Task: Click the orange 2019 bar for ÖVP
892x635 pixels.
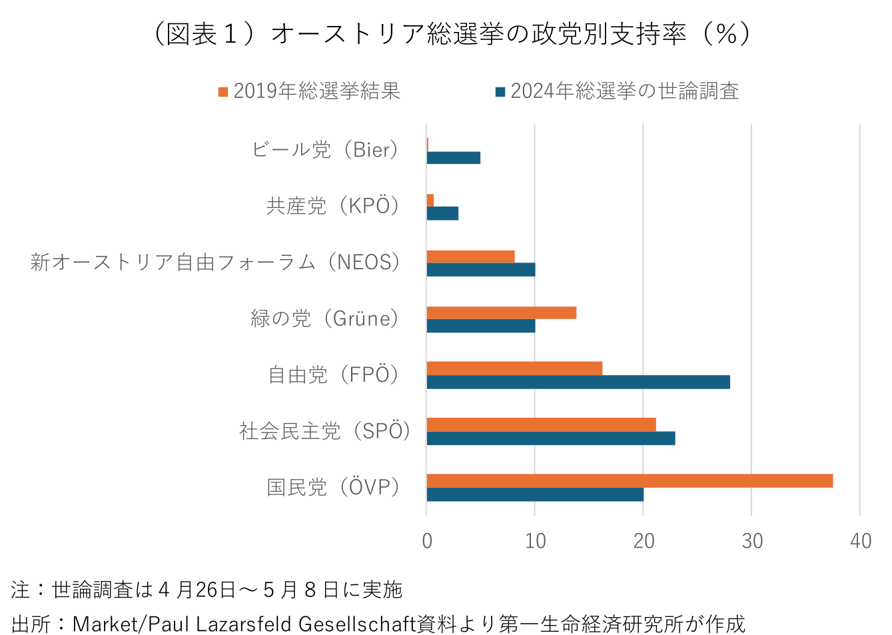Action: point(630,480)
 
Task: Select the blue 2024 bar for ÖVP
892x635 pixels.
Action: point(535,494)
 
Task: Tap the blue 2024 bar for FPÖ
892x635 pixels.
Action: point(578,382)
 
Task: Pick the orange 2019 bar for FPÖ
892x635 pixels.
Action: point(514,368)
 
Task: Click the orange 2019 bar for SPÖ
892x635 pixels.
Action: point(541,424)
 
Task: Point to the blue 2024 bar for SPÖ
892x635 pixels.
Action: point(551,438)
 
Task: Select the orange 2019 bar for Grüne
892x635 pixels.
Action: point(501,313)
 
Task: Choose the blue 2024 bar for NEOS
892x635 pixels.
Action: point(480,269)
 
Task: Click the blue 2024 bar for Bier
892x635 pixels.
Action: point(454,158)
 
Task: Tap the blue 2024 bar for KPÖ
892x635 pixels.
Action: point(442,213)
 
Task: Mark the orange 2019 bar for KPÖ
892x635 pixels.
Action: point(430,200)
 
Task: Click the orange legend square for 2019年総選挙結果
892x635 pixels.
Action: point(223,91)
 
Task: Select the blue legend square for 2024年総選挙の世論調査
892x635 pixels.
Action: point(500,91)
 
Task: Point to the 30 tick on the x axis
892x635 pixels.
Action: point(752,540)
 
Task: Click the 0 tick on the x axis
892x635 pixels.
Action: point(427,540)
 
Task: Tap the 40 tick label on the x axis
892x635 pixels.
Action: point(861,540)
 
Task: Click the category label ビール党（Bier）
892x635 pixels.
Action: point(326,150)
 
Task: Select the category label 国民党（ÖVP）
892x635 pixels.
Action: point(334,487)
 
